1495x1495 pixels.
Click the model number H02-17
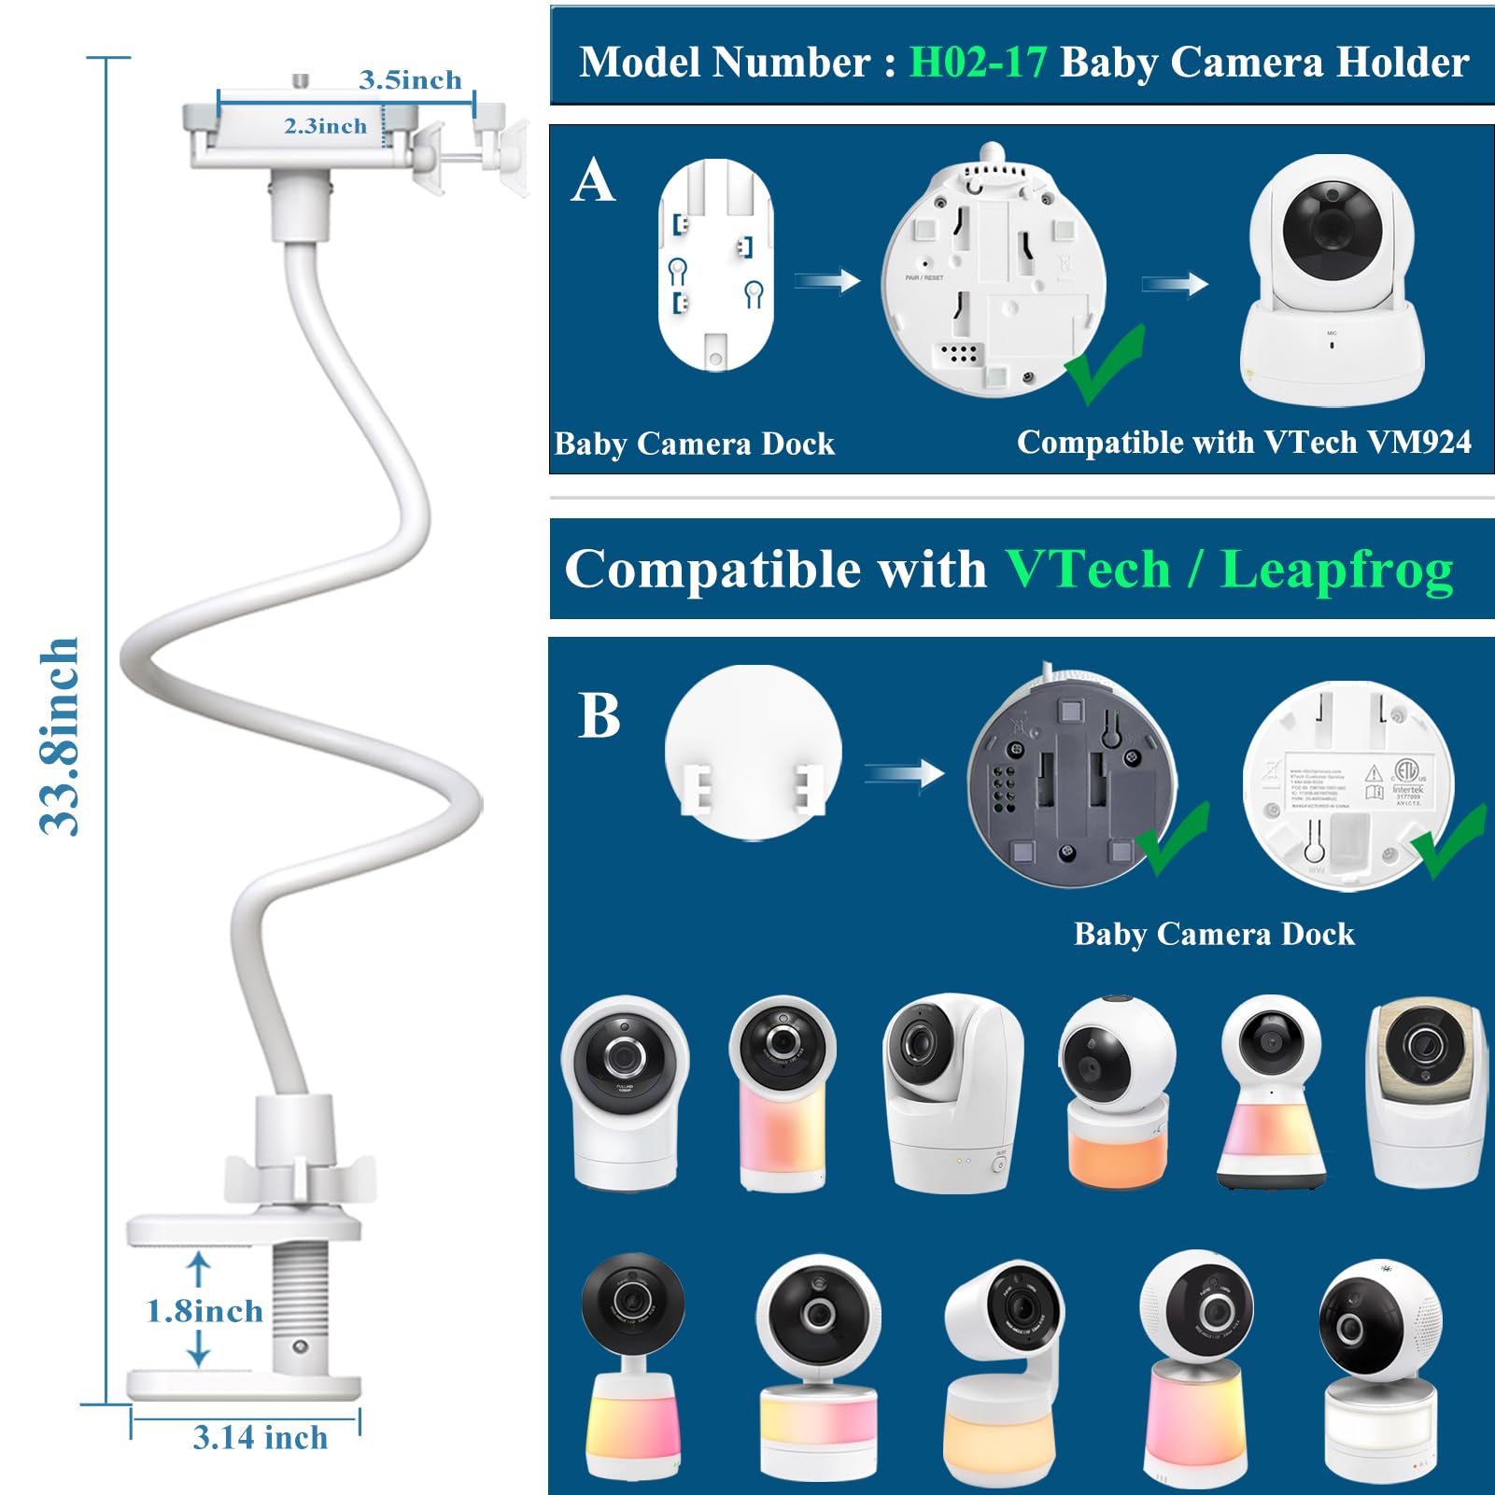[x=978, y=63]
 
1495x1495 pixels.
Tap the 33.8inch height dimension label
[x=59, y=736]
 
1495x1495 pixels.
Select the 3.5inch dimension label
[x=410, y=80]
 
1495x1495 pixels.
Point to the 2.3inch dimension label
[x=325, y=126]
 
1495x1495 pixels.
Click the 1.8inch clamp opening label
[x=205, y=1311]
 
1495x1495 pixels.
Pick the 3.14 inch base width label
[x=261, y=1438]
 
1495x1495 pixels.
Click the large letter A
[x=594, y=180]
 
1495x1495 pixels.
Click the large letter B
[x=599, y=716]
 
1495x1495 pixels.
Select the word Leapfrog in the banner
[x=1336, y=569]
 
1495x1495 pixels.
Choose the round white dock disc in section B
[x=753, y=752]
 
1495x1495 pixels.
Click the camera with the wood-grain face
[x=1425, y=1091]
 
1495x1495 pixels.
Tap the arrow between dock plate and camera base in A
[x=827, y=280]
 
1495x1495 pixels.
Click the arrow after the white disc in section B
[x=903, y=773]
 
